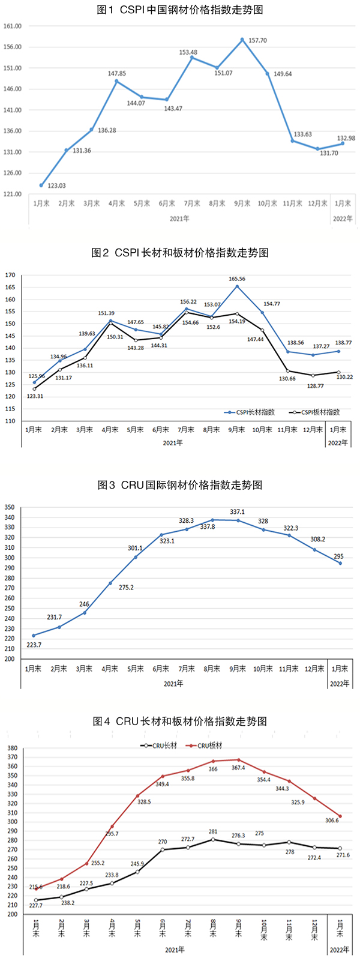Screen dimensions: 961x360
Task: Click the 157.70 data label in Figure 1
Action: (258, 41)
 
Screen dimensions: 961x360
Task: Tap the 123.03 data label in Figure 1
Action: (58, 185)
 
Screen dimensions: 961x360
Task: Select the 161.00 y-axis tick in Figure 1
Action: (13, 26)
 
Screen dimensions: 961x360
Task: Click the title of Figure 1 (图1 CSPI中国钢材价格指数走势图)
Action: (180, 10)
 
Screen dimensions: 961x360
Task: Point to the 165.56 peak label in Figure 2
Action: (237, 279)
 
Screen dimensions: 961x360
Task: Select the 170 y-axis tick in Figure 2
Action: (10, 275)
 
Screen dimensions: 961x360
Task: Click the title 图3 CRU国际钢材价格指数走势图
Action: (180, 485)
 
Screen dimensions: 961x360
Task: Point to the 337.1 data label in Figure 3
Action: (238, 512)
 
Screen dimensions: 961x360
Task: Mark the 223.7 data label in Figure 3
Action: (34, 645)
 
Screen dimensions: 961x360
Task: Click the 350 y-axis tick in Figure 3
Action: (10, 507)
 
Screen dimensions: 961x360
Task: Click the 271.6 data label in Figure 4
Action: (339, 855)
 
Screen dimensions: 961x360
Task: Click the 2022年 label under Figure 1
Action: (343, 219)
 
